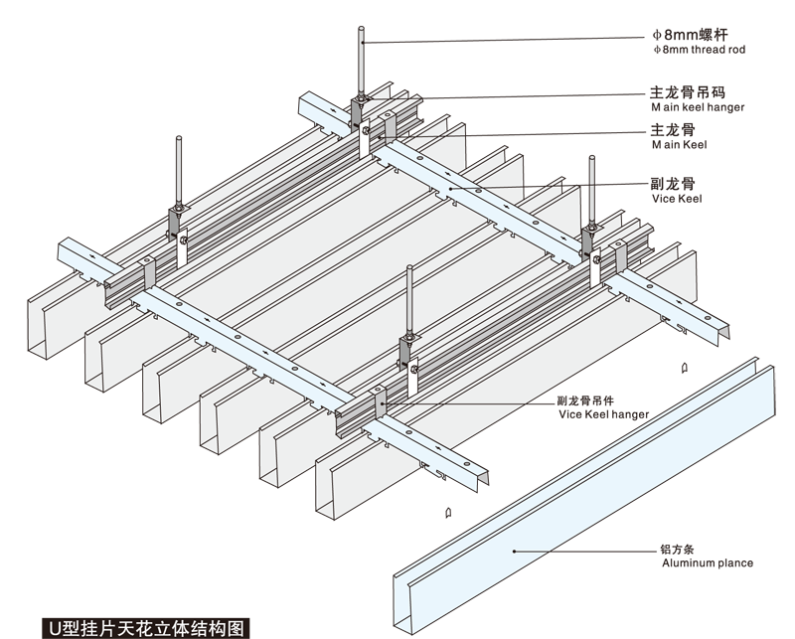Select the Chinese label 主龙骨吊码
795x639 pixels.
[688, 92]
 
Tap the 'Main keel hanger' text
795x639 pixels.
[698, 107]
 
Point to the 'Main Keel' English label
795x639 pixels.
[679, 144]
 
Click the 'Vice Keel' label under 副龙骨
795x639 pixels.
[677, 199]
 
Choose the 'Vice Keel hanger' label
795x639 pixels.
[604, 414]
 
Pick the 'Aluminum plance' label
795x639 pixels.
[708, 562]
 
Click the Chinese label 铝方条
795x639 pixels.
[677, 550]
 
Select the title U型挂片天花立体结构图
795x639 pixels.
[146, 629]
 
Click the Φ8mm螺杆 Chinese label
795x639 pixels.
[690, 35]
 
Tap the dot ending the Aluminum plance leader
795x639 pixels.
[514, 552]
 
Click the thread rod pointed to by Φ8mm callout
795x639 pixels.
[361, 62]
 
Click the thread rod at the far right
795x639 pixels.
[591, 192]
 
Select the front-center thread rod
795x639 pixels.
[409, 301]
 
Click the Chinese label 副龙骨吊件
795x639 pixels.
[585, 400]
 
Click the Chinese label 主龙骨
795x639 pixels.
[673, 130]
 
